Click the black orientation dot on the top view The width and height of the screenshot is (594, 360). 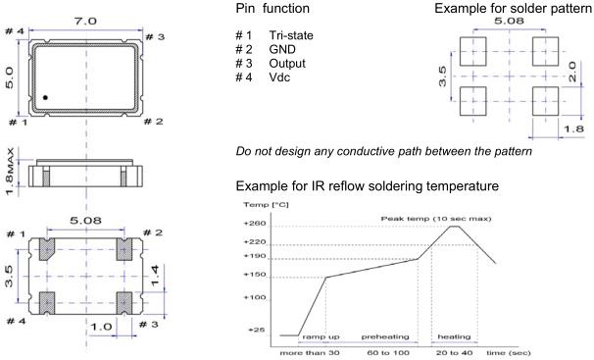tap(45, 97)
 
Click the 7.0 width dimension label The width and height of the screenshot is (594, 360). tap(85, 22)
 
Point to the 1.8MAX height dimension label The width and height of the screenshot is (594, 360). tap(10, 172)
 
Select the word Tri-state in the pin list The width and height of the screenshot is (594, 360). tap(291, 35)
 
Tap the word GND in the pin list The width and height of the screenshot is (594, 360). tap(282, 50)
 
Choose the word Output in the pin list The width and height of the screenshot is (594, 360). tap(287, 64)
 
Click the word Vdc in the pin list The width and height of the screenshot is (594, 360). tap(279, 77)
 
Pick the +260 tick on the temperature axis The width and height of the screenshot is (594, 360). tap(255, 224)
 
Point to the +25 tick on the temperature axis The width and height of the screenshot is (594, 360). tap(256, 330)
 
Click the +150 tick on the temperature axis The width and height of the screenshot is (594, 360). tap(255, 275)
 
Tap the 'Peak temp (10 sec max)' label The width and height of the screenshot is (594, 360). tap(436, 219)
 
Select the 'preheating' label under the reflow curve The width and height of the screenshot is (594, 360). tap(385, 336)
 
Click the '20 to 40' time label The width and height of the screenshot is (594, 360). tap(454, 353)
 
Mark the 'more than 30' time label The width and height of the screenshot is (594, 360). tap(310, 353)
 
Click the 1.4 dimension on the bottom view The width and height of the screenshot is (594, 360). tap(155, 276)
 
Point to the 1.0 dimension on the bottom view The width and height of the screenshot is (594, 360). tap(101, 327)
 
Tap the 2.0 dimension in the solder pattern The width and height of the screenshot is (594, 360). tap(572, 72)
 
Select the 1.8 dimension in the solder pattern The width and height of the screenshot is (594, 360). tap(573, 129)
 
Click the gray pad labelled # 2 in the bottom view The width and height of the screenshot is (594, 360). tap(124, 249)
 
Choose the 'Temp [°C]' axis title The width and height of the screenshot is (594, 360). tap(266, 205)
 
